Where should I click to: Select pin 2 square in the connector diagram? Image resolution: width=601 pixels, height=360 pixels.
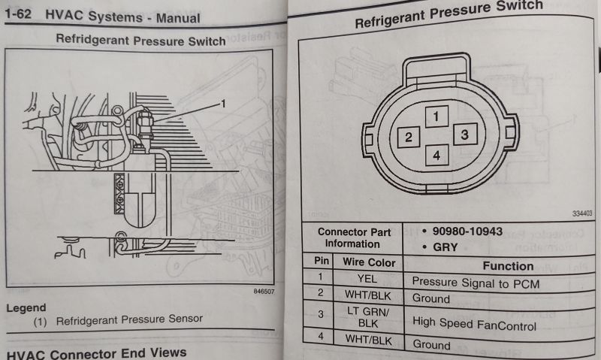click(x=408, y=137)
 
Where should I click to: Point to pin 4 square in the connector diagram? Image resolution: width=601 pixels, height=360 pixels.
click(x=437, y=156)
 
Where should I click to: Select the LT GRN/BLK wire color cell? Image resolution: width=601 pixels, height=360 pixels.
click(x=369, y=319)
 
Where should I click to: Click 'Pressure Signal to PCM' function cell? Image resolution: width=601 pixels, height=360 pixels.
click(x=476, y=283)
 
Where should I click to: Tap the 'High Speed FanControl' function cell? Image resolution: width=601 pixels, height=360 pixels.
click(x=474, y=326)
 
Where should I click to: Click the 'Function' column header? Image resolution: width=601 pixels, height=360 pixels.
click(x=508, y=265)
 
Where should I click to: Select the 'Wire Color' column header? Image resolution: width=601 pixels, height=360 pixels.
click(x=369, y=263)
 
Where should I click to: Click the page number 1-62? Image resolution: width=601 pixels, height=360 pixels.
click(x=20, y=15)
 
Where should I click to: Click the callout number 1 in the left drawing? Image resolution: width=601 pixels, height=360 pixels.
click(x=223, y=103)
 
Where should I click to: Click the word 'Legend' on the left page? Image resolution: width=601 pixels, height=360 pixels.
click(x=26, y=307)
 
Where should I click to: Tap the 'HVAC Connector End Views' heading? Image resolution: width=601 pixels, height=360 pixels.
click(x=95, y=352)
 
